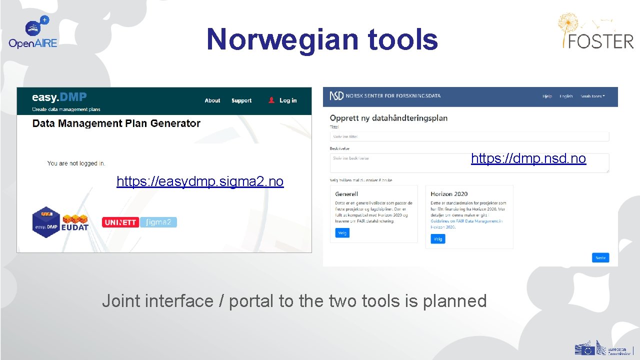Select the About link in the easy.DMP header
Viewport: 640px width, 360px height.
212,100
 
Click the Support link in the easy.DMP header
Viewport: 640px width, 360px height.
241,100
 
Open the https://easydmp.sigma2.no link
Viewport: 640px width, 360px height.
200,181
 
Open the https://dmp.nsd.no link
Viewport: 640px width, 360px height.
528,159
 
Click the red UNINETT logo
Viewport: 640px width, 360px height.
120,222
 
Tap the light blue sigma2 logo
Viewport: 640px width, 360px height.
158,222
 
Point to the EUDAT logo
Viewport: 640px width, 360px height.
75,223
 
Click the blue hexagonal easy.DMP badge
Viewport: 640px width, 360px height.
46,222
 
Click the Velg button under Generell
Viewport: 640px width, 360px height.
342,233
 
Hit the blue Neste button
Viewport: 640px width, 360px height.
600,258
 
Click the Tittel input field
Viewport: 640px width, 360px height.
469,136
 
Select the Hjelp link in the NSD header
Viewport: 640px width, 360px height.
547,96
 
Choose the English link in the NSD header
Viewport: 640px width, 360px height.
566,96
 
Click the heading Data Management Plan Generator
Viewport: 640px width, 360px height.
116,123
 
